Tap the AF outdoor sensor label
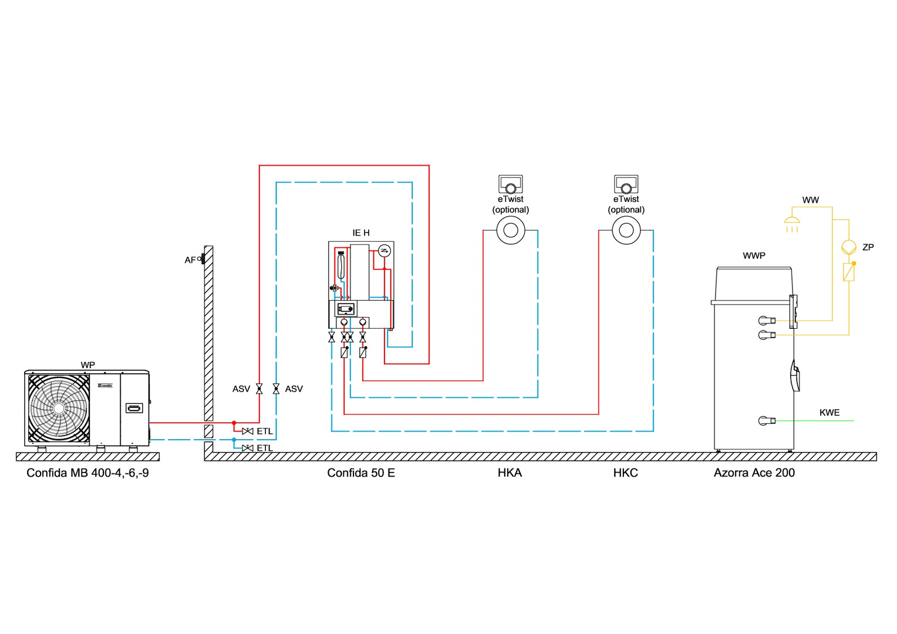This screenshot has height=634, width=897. point(190,260)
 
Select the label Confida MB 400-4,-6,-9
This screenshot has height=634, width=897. point(87,473)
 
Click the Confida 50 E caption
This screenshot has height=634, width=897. point(361,473)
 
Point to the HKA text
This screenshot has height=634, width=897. point(510,473)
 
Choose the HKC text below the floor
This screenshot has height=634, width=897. point(625,473)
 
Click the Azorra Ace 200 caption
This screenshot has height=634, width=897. point(754,473)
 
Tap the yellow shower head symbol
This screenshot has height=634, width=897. point(792,222)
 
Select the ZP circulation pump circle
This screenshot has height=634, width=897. point(848,247)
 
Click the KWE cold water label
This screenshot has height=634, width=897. point(829,413)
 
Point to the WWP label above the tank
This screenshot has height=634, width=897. point(754,256)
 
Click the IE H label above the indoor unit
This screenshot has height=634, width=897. point(361,233)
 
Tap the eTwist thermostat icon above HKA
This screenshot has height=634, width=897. point(511,184)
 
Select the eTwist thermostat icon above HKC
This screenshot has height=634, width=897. point(626,184)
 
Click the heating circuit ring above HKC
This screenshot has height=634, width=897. point(626,231)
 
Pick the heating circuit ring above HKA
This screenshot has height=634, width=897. point(511,231)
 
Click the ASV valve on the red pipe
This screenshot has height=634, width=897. point(259,389)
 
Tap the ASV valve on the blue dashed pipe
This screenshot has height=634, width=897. point(276,389)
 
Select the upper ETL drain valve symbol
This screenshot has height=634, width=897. point(248,431)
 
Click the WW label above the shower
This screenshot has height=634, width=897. point(810,200)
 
